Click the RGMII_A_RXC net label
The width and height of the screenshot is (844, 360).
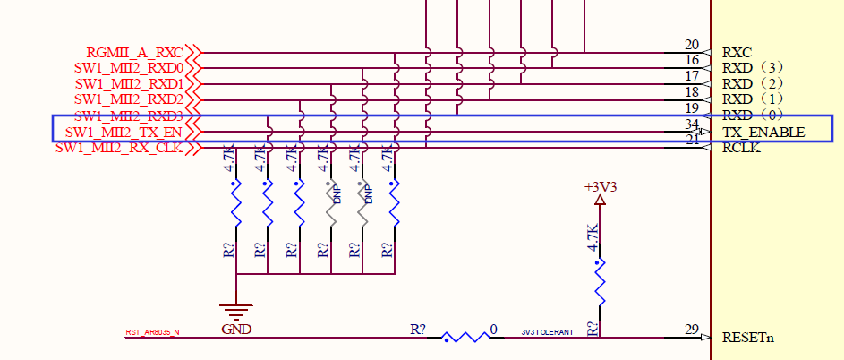(134, 52)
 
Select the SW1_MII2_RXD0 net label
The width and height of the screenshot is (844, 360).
(128, 67)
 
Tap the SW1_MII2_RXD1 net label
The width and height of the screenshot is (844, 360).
(128, 83)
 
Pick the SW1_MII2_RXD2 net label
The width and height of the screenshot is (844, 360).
(128, 99)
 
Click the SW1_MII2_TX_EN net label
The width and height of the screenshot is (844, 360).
(124, 133)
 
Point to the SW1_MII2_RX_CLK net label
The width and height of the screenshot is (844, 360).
(119, 148)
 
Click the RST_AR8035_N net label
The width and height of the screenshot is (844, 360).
(152, 332)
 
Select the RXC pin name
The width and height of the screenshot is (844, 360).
(737, 52)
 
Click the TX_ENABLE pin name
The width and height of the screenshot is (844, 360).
(763, 133)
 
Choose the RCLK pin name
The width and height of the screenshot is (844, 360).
(742, 148)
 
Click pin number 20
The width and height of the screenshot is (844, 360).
(691, 45)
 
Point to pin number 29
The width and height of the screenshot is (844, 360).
(691, 330)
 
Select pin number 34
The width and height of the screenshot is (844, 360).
(691, 124)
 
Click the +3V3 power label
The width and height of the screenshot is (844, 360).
(600, 187)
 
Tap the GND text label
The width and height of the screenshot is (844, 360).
(235, 330)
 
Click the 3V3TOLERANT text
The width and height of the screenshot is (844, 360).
(548, 332)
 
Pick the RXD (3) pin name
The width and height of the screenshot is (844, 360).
(754, 67)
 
